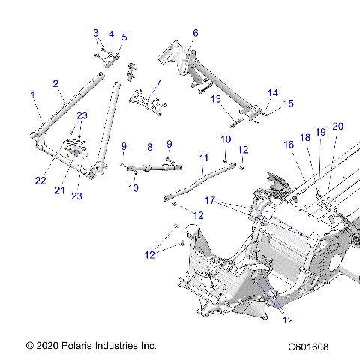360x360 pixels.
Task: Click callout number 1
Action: tap(32, 94)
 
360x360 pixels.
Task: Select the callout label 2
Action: tap(55, 83)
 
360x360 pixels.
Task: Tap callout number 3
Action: tap(96, 32)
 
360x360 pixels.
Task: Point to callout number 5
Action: tap(124, 37)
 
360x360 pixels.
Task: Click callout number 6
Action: tap(196, 33)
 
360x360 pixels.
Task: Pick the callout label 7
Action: tap(158, 82)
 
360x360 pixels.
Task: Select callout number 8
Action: tap(149, 148)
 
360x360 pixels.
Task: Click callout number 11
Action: tap(203, 157)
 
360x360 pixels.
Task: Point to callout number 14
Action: tap(273, 92)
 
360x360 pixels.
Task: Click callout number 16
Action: tap(288, 144)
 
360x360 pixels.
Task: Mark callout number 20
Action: tap(337, 126)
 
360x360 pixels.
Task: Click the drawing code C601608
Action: tap(308, 346)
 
